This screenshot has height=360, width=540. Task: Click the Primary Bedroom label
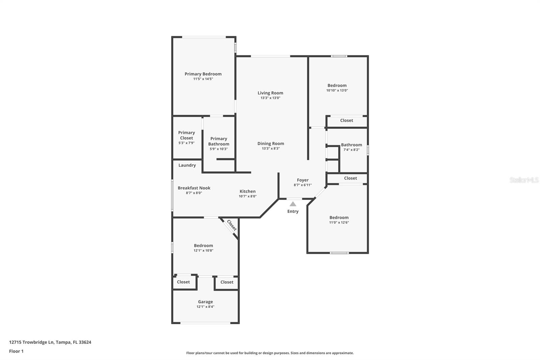pos(203,74)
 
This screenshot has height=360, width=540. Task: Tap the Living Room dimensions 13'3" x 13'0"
pos(270,98)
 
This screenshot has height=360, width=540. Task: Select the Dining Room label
pos(271,144)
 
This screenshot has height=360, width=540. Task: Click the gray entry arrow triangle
pos(293,204)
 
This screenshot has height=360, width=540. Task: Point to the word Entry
pos(293,211)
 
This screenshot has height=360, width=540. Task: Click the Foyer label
pos(303,180)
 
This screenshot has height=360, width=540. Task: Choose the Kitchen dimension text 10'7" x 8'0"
pos(247,196)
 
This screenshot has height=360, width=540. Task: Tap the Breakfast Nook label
pos(194,188)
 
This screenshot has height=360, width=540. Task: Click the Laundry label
pos(187,165)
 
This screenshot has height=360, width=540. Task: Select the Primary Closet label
pos(186,135)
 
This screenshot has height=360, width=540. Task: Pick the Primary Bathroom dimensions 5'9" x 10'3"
pos(219,149)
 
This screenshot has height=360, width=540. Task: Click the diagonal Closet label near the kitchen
pos(232,225)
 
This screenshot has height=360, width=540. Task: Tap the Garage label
pos(205,302)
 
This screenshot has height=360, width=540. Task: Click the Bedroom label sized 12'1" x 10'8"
pos(203,246)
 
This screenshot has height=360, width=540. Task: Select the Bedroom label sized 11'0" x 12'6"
pos(339,217)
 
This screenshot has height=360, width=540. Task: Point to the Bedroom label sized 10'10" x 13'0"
pos(337,85)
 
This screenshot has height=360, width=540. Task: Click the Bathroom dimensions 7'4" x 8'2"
pos(351,150)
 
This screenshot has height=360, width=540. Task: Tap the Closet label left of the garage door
pos(183,282)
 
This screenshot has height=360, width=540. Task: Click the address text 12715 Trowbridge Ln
pos(31,342)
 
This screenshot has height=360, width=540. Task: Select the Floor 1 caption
pos(16,351)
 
